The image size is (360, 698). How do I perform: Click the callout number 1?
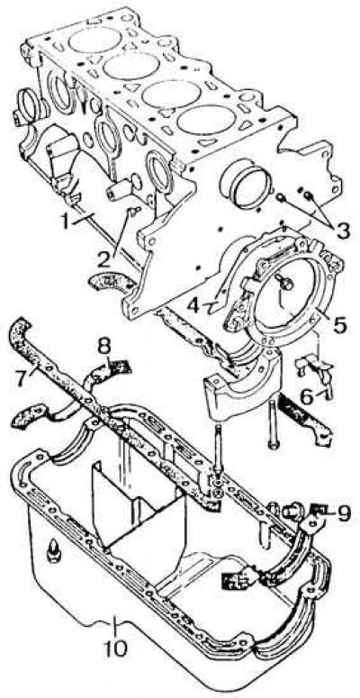pos(67,222)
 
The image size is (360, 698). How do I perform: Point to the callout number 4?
pos(193,305)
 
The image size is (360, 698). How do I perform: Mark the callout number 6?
pos(307,397)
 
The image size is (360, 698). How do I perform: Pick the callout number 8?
pos(104,347)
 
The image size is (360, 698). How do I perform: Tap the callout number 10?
pos(115,648)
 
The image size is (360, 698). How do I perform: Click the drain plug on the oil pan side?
pos(54,550)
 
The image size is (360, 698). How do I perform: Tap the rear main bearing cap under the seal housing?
pos(242,381)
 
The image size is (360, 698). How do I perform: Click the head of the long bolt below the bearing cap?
pos(274,444)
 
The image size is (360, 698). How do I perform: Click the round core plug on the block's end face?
pos(246,182)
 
